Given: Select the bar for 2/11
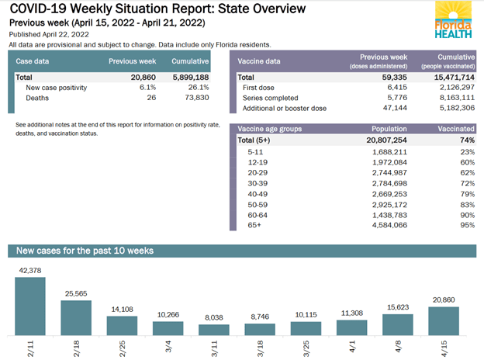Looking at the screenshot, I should (x=30, y=305).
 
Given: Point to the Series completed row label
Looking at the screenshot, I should (x=271, y=99).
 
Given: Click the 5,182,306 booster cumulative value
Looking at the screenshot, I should (x=453, y=109).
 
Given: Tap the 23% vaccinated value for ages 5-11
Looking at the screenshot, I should (x=466, y=153).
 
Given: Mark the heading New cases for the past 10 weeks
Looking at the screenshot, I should (x=85, y=251).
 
